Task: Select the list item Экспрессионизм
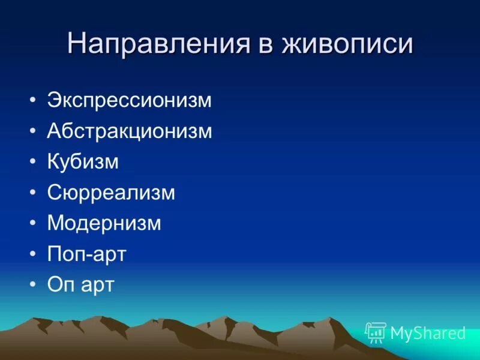tap(130, 100)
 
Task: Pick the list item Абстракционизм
tap(130, 131)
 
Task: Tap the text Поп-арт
tap(86, 254)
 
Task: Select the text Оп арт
tap(80, 284)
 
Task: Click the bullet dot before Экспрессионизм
tap(32, 100)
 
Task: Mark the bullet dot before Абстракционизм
tap(32, 131)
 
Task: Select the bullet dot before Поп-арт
tap(32, 254)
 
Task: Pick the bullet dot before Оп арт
tap(32, 284)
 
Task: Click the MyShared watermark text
tap(428, 333)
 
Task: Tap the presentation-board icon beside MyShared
tap(376, 332)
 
